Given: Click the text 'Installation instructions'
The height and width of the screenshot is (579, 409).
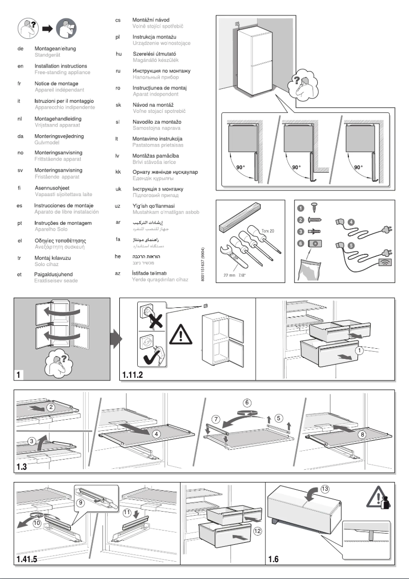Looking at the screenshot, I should tap(60, 66).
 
